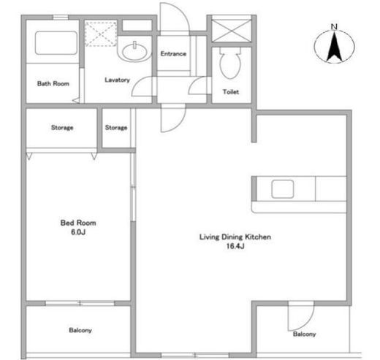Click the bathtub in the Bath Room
pyautogui.click(x=56, y=43)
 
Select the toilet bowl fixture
pyautogui.click(x=230, y=63)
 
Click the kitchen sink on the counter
pyautogui.click(x=282, y=189)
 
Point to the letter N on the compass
pyautogui.click(x=334, y=26)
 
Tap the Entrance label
pyautogui.click(x=173, y=53)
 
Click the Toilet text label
pyautogui.click(x=231, y=92)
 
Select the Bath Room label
pyautogui.click(x=53, y=83)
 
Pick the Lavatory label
pyautogui.click(x=117, y=80)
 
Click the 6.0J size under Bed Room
pyautogui.click(x=78, y=232)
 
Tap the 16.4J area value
pyautogui.click(x=235, y=246)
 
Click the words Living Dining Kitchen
pyautogui.click(x=235, y=237)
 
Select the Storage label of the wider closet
pyautogui.click(x=62, y=128)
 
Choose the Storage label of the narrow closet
pyautogui.click(x=116, y=128)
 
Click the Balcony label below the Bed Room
pyautogui.click(x=80, y=330)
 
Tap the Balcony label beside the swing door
pyautogui.click(x=304, y=334)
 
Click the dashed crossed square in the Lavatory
pyautogui.click(x=101, y=34)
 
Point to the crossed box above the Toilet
pyautogui.click(x=232, y=31)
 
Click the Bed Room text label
pyautogui.click(x=78, y=223)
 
